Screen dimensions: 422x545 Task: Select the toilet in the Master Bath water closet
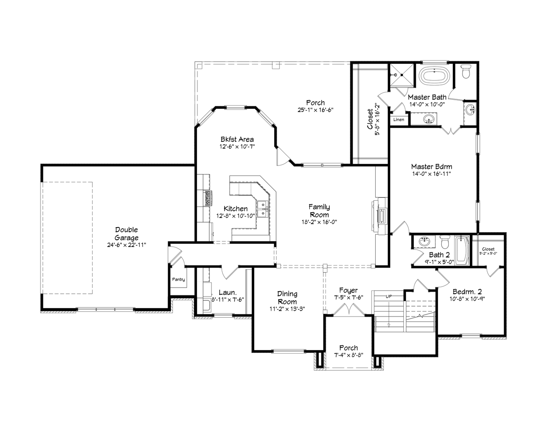pos(466,72)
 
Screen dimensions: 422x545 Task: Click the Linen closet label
pos(398,120)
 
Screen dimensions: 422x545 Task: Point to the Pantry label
pos(178,280)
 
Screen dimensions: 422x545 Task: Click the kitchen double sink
pos(262,209)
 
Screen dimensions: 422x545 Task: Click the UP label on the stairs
pos(389,297)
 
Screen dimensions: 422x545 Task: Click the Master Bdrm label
pos(431,166)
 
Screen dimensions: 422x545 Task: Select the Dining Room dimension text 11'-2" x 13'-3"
pos(287,309)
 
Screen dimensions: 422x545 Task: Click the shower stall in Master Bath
pos(402,75)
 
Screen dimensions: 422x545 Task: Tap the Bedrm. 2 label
pos(465,291)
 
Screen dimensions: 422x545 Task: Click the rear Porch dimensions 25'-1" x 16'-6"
pos(315,110)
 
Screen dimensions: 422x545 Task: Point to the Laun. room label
pos(227,292)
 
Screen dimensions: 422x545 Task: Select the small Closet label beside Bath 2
pos(488,249)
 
